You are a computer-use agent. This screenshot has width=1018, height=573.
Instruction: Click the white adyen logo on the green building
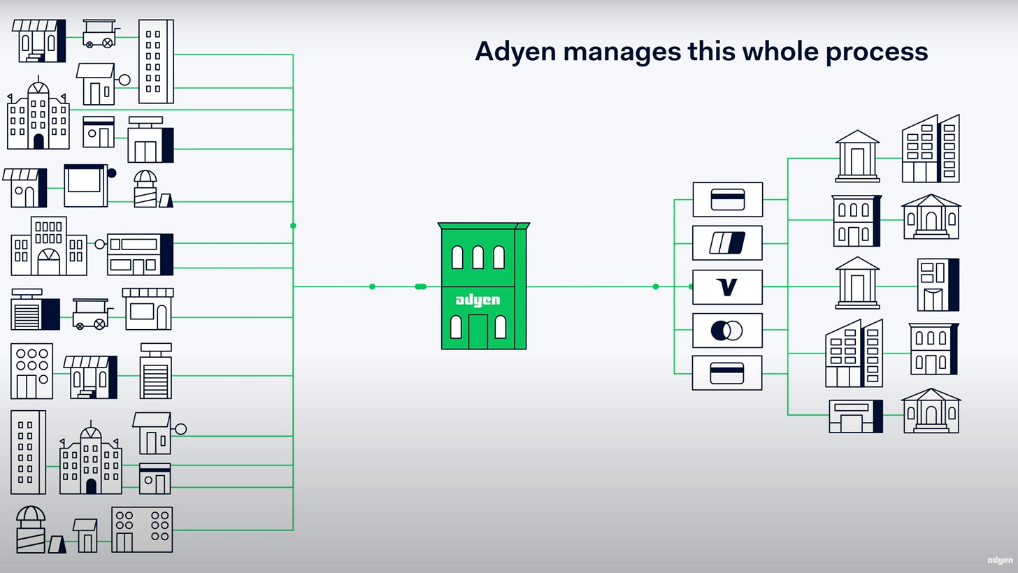[478, 300]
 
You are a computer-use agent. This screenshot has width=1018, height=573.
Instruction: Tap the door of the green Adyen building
[478, 331]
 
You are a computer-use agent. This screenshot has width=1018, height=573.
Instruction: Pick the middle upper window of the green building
[478, 257]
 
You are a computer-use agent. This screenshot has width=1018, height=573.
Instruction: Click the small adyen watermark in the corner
[1000, 560]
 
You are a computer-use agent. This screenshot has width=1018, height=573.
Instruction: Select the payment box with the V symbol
[727, 286]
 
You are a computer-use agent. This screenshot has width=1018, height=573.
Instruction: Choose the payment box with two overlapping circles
[727, 330]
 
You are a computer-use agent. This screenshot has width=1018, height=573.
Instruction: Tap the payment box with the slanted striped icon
[727, 243]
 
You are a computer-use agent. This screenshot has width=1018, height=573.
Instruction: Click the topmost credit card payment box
[727, 200]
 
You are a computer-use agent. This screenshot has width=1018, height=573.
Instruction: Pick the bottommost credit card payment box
[727, 373]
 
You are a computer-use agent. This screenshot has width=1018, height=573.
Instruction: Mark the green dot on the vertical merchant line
[293, 226]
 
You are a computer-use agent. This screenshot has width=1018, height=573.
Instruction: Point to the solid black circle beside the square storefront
[112, 173]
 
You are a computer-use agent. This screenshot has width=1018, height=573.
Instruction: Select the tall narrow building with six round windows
[31, 371]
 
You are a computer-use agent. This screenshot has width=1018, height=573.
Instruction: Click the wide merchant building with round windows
[142, 530]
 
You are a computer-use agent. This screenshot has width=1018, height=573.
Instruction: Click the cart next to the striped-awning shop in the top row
[99, 33]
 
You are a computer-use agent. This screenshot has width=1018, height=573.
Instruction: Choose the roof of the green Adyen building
[483, 226]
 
